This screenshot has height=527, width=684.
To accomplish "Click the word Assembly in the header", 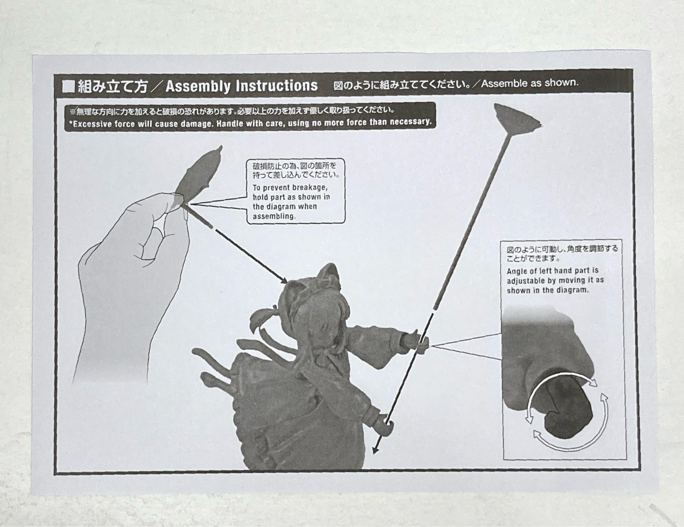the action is [197, 86].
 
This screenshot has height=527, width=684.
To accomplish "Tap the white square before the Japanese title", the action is [68, 87].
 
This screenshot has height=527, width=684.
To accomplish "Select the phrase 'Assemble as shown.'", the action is [529, 83].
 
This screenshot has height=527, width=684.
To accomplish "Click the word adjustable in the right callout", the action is [525, 281].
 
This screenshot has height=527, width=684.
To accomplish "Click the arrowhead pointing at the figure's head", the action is [283, 279].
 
